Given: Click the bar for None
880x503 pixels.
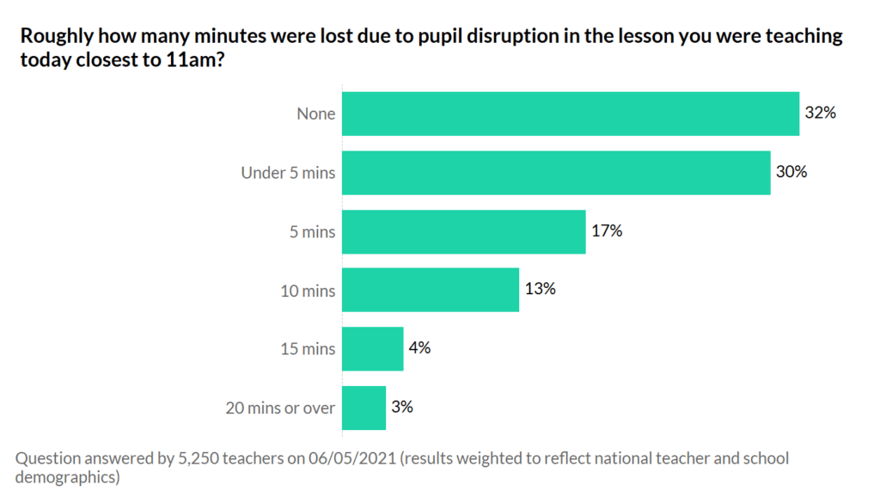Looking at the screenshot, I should pyautogui.click(x=571, y=113).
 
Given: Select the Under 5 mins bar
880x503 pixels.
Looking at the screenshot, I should pyautogui.click(x=556, y=173).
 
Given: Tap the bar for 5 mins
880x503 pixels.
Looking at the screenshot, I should pyautogui.click(x=464, y=231).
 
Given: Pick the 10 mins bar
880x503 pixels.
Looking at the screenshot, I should pyautogui.click(x=431, y=290).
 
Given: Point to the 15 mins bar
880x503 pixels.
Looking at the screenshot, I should pyautogui.click(x=373, y=348).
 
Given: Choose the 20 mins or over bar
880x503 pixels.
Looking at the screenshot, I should pyautogui.click(x=364, y=408).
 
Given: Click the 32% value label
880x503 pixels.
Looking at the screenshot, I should pyautogui.click(x=820, y=113).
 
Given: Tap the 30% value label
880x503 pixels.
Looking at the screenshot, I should pyautogui.click(x=791, y=171).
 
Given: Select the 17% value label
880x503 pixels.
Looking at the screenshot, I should pyautogui.click(x=606, y=230).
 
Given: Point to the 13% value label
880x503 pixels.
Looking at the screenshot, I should pyautogui.click(x=540, y=289).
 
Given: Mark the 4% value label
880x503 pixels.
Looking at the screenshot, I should pyautogui.click(x=420, y=347).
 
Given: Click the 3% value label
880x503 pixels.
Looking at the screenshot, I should pyautogui.click(x=402, y=406).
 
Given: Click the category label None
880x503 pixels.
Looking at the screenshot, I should pyautogui.click(x=316, y=113).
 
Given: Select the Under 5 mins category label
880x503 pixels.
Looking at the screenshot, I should pyautogui.click(x=288, y=173).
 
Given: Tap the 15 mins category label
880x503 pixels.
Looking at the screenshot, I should pyautogui.click(x=308, y=349).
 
